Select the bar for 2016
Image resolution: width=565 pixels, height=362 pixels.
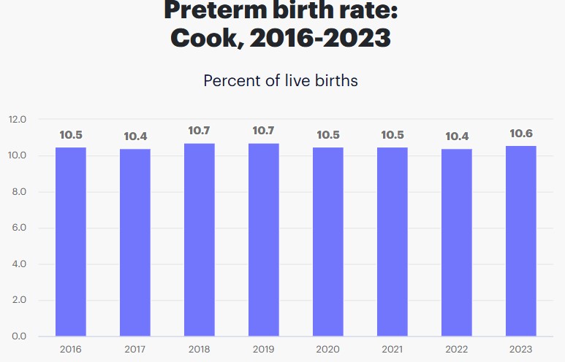pos(71,242)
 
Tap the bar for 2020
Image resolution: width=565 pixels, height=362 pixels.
pos(328,242)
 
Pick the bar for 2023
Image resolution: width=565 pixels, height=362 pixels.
pos(521,241)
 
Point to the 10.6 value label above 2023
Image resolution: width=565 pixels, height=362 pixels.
pos(521,134)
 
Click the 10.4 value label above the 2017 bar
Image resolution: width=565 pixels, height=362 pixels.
pos(135,136)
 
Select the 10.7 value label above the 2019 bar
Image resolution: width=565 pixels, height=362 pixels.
pos(264,131)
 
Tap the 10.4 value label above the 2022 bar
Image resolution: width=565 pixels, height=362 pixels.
pos(457,136)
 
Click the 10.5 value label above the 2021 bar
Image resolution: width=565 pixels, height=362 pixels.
pos(393,135)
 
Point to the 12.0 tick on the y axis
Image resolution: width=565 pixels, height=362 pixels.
pos(18,120)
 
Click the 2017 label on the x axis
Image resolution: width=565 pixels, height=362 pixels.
pos(135,349)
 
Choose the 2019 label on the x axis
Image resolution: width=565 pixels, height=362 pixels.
pos(264,349)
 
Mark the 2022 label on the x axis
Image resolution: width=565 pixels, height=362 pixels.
pos(457,349)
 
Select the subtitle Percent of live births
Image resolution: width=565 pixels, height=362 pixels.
pos(281,80)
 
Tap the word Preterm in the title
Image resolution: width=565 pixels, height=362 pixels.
pos(215,10)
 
